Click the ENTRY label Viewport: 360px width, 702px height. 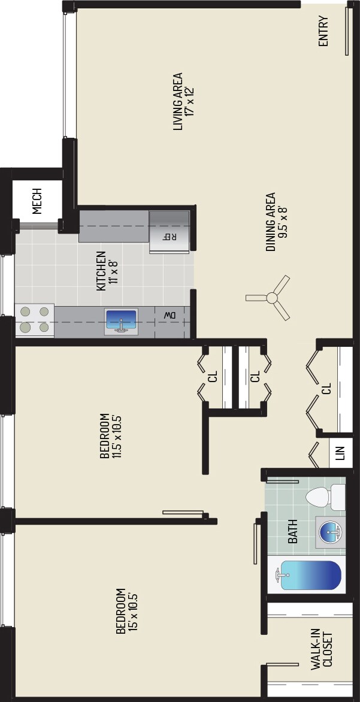[x=323, y=34]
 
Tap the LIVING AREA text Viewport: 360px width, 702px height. [x=177, y=102]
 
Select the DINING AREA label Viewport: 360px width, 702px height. [x=271, y=222]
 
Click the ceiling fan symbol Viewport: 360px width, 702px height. [x=271, y=297]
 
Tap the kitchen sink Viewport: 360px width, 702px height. [x=122, y=322]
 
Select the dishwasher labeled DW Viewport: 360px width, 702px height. [x=170, y=314]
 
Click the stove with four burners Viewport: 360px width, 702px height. [x=34, y=319]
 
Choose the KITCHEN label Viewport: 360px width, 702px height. [x=101, y=271]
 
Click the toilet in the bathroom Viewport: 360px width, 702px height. [x=325, y=497]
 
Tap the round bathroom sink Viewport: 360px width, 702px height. [x=329, y=531]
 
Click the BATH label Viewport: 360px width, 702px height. [x=293, y=531]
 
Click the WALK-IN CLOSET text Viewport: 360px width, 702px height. [x=321, y=648]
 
